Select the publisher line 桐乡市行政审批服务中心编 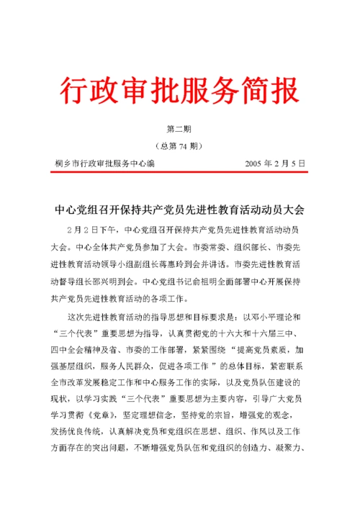[104, 163]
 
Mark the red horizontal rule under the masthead [180, 172]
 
